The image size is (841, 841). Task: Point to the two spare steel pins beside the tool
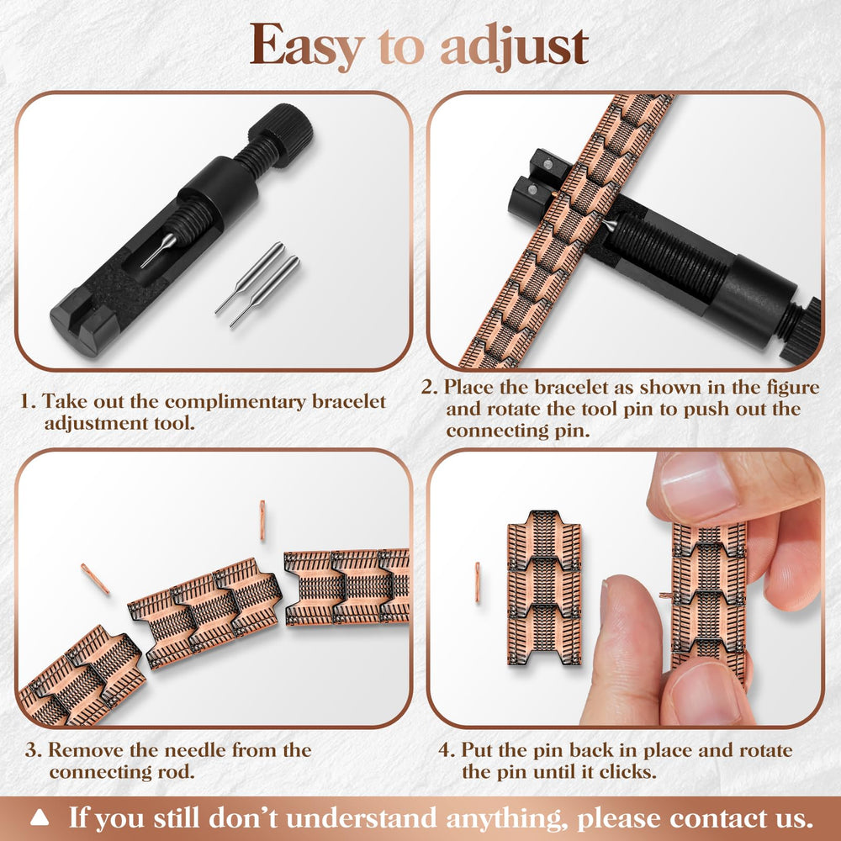click(257, 285)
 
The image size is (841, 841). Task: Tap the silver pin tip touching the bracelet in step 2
click(609, 225)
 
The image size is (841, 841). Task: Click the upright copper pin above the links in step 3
click(262, 521)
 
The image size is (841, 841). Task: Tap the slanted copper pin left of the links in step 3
click(96, 579)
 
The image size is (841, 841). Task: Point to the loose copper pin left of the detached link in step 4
click(478, 582)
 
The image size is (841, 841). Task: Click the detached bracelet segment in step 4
click(544, 588)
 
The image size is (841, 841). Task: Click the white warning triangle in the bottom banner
click(40, 818)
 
